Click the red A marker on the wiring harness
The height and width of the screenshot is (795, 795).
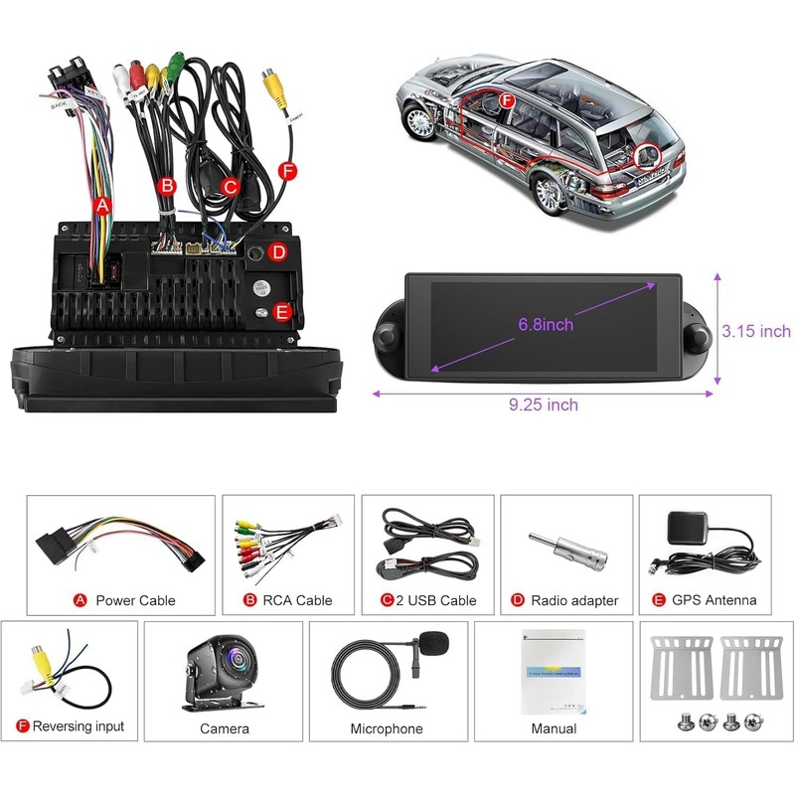point(100,206)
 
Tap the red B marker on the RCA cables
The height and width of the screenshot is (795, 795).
point(167,185)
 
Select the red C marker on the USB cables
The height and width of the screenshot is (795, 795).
point(230,185)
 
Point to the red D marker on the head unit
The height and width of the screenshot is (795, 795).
point(279,252)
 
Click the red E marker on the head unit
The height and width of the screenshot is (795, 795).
point(281,312)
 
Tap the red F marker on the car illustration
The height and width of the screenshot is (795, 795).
point(507,100)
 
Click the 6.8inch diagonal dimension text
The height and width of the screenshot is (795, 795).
point(546,324)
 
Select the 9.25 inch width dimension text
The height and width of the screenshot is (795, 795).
point(545,404)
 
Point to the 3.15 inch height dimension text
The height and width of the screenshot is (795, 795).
point(756,331)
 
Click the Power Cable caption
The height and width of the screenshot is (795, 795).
point(135,600)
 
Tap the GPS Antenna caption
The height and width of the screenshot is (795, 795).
point(714,600)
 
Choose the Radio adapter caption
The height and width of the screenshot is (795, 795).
point(574,600)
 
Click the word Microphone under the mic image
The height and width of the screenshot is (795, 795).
point(387,728)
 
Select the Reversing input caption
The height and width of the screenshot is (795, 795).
point(79,726)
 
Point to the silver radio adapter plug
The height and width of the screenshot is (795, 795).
point(566,553)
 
